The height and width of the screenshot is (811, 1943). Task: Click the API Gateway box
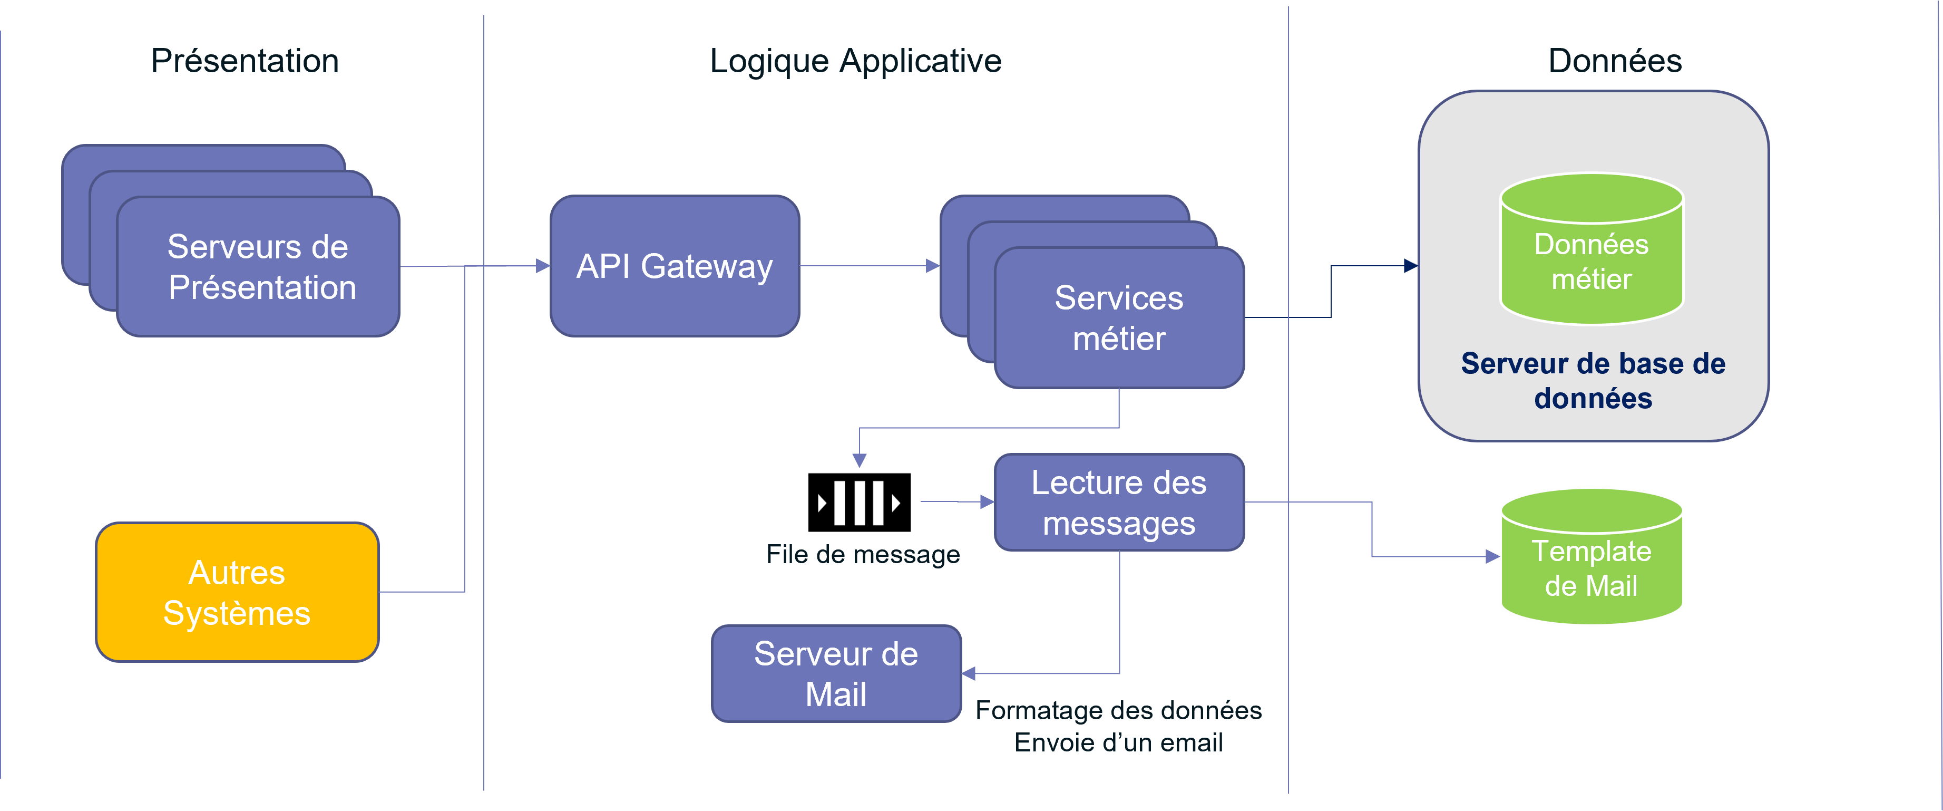point(675,266)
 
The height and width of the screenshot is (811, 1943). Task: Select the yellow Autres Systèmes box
point(237,592)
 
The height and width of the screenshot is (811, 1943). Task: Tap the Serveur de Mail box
point(836,674)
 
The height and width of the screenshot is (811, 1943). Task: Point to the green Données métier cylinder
point(1591,253)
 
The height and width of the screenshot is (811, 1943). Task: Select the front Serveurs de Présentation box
point(258,266)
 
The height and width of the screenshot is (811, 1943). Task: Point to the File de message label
point(863,555)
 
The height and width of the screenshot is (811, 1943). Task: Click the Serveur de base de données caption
point(1593,381)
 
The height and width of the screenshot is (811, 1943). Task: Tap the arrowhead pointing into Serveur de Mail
point(969,673)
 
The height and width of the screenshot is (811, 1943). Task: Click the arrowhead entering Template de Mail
point(1492,557)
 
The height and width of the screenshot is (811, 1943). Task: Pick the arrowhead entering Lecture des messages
point(987,501)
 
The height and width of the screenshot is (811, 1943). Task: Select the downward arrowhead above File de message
point(859,460)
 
